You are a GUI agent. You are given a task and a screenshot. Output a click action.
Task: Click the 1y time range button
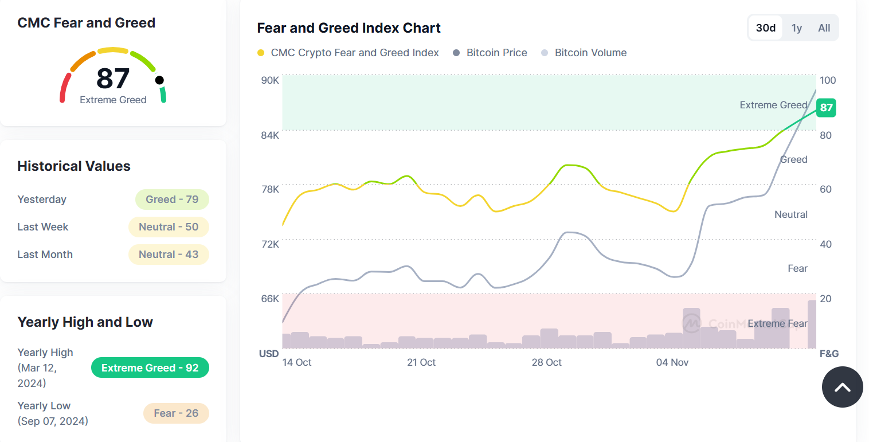tap(797, 28)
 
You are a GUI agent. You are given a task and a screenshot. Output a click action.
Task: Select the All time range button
tap(824, 28)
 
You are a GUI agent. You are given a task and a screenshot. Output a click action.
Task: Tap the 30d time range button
tap(766, 28)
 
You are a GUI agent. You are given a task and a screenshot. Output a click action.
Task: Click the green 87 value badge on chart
tap(826, 108)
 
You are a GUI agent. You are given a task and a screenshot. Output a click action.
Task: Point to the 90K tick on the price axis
tap(270, 80)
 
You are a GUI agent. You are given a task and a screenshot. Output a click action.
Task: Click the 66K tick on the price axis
tap(270, 299)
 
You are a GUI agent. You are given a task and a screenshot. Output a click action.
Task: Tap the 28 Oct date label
tap(546, 362)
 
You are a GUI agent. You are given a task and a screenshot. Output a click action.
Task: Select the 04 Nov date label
tap(672, 362)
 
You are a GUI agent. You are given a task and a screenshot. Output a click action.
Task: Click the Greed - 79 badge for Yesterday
tap(172, 200)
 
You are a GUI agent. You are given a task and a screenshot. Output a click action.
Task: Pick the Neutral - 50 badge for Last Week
tap(169, 227)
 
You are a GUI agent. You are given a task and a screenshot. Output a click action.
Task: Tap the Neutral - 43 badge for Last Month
tap(169, 255)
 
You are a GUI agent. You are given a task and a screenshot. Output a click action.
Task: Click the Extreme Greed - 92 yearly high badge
tap(150, 368)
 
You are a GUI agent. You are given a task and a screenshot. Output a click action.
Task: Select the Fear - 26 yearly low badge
tap(176, 413)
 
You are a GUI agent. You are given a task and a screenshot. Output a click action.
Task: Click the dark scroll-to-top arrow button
tap(842, 388)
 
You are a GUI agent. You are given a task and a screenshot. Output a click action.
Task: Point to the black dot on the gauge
tap(159, 80)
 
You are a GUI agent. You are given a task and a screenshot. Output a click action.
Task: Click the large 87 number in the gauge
tap(113, 79)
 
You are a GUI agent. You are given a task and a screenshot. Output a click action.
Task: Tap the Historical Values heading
tap(74, 166)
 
